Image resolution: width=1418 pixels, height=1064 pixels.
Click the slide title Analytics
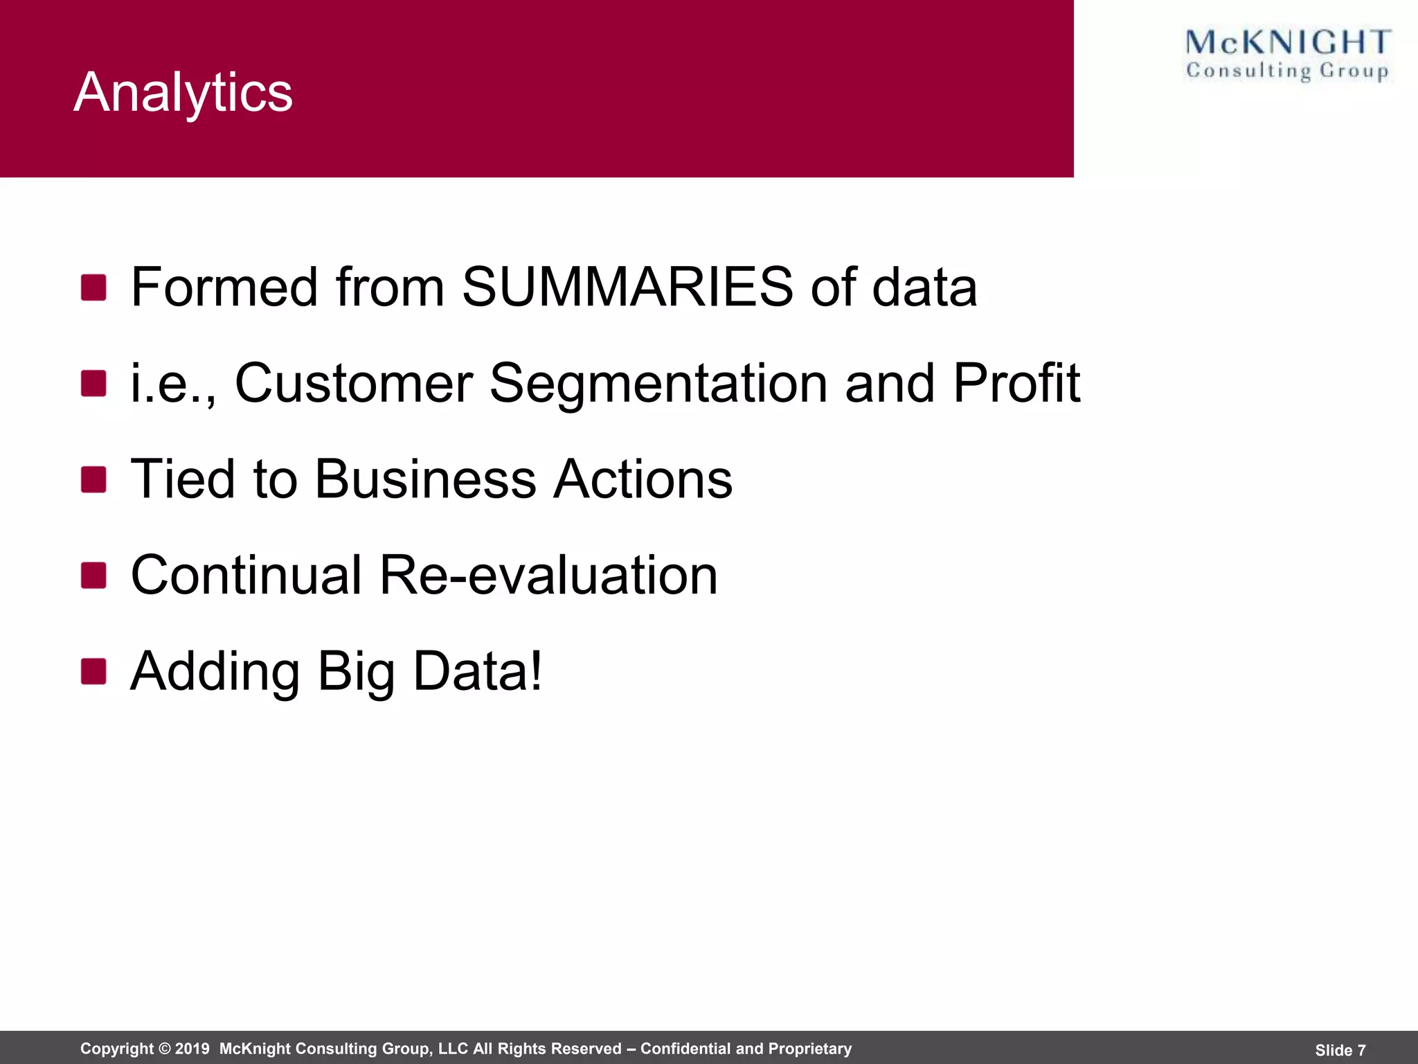click(183, 92)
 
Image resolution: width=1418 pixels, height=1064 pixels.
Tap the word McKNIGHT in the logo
click(1288, 42)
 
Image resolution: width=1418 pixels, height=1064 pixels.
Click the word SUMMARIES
click(627, 287)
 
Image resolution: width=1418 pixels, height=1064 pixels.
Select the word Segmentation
click(658, 383)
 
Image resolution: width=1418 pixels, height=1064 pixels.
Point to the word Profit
click(1016, 383)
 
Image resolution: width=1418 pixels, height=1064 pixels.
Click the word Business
click(426, 479)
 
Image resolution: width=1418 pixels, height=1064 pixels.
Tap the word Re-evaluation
click(548, 575)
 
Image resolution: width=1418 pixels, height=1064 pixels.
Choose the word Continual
click(246, 575)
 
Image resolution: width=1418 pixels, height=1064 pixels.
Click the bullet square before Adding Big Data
click(93, 671)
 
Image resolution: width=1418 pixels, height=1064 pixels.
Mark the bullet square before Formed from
click(93, 287)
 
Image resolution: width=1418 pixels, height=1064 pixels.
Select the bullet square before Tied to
click(93, 479)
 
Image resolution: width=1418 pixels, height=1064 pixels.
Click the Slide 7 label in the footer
click(1340, 1050)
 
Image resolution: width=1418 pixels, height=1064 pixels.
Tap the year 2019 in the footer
click(192, 1049)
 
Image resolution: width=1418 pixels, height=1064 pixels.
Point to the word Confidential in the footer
click(685, 1049)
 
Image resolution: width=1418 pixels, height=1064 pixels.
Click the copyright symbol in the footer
click(164, 1049)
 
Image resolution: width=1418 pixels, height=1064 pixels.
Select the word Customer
click(353, 383)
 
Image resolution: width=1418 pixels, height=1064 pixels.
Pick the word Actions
click(643, 479)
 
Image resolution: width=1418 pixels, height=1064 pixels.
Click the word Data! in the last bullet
click(478, 671)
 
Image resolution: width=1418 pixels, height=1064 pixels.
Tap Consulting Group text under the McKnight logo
click(1288, 71)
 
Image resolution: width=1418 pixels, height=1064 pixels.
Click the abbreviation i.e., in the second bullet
click(173, 384)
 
